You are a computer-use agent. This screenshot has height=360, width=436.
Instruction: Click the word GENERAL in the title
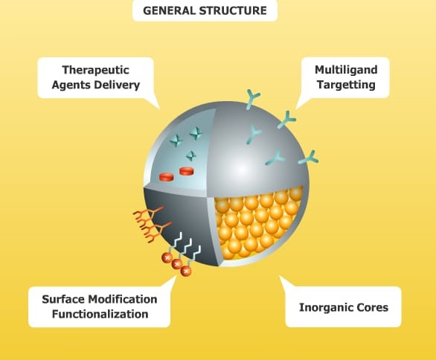point(170,10)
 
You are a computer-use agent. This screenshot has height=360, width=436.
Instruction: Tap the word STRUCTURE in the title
point(234,10)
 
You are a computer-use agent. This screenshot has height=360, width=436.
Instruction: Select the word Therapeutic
point(96,70)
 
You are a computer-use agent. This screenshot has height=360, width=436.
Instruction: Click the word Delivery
point(117,85)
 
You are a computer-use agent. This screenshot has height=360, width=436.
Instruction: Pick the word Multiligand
point(346,70)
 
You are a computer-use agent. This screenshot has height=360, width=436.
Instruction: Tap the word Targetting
point(346,85)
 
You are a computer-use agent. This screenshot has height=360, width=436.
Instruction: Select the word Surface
point(63,300)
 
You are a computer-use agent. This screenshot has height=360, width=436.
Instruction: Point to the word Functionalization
point(100,314)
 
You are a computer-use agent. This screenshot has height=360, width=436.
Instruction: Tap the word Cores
point(367,307)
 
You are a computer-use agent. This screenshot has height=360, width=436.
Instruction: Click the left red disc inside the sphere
point(167,177)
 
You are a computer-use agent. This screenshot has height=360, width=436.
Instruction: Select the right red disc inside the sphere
point(186,171)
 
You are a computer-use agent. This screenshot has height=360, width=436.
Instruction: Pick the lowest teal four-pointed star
point(191,155)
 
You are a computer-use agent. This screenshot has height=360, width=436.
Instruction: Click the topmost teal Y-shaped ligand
point(252,99)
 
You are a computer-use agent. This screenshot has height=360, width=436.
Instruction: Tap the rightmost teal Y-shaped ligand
point(310,158)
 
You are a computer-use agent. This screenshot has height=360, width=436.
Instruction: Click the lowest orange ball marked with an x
point(186,271)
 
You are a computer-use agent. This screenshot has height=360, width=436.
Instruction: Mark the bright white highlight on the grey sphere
point(241,168)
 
